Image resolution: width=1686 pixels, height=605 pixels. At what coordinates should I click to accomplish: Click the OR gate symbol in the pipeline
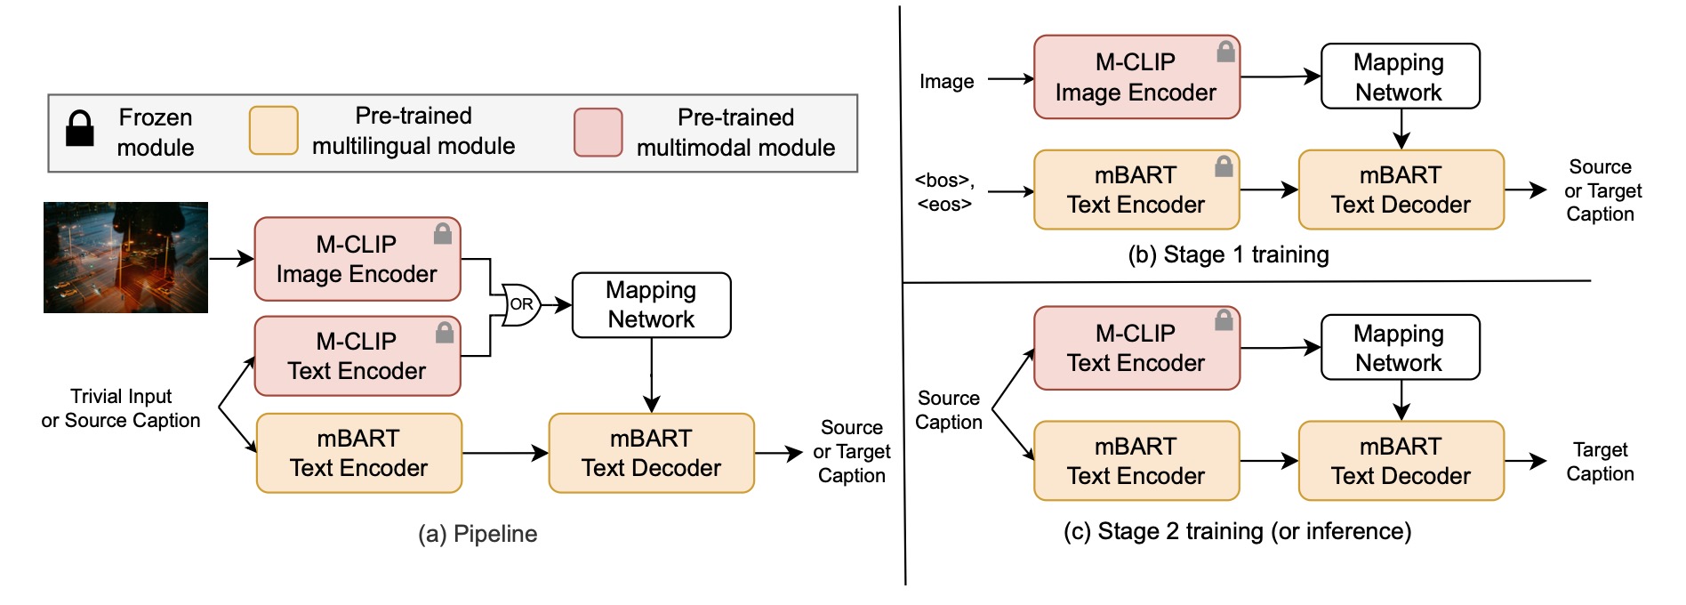(x=520, y=304)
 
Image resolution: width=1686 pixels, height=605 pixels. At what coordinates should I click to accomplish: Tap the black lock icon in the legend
(x=80, y=129)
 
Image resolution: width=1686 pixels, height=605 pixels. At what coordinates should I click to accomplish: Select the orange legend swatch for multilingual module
(x=273, y=131)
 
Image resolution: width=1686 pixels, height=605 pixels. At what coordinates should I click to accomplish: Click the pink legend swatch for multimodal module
(x=598, y=133)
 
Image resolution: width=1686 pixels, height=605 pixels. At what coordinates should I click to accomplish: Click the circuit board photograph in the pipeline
(x=125, y=257)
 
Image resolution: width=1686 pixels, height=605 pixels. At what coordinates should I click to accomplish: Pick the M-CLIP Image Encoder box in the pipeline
(x=357, y=259)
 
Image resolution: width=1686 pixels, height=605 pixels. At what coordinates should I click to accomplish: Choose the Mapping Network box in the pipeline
(x=651, y=305)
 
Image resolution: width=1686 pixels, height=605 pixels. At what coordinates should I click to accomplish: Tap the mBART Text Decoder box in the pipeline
(x=651, y=453)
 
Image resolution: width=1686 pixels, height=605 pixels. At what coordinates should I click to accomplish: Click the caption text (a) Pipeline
(x=478, y=534)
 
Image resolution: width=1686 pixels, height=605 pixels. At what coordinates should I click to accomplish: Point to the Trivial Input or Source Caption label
(x=121, y=408)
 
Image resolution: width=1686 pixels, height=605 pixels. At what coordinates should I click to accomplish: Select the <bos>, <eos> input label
(x=944, y=192)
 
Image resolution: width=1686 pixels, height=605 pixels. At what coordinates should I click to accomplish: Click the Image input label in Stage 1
(x=946, y=82)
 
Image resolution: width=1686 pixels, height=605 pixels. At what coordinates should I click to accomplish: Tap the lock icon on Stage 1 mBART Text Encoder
(x=1224, y=166)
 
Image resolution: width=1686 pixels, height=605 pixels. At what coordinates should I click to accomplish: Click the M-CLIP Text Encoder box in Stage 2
(x=1136, y=348)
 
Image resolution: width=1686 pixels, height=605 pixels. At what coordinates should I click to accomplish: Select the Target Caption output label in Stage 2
(x=1599, y=462)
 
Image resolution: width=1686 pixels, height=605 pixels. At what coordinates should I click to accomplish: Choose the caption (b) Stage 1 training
(x=1227, y=255)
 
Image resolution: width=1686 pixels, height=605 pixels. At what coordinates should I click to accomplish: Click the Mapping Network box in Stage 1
(x=1399, y=77)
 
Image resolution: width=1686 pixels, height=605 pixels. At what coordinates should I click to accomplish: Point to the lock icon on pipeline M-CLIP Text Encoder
(x=445, y=333)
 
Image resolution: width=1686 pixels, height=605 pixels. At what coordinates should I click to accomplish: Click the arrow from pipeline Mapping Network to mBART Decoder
(x=652, y=375)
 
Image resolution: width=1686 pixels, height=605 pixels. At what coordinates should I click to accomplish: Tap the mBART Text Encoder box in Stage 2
(x=1136, y=461)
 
